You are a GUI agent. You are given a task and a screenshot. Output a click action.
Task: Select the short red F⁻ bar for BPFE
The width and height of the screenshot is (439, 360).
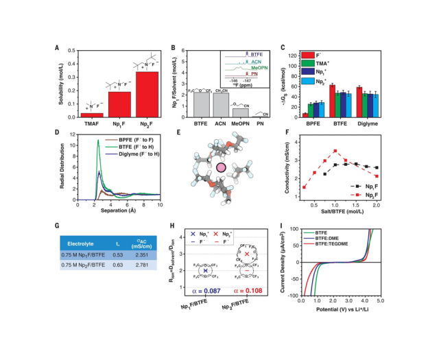305,115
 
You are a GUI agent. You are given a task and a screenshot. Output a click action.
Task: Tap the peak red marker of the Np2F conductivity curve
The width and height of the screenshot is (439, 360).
335,151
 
